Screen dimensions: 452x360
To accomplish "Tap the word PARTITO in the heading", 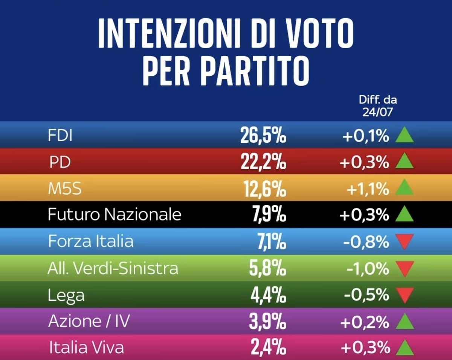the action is point(255,71).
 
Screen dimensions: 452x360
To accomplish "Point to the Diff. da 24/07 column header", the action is point(378,106).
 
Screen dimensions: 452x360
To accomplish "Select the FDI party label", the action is point(60,135).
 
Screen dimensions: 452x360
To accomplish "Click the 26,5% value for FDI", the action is point(263,136).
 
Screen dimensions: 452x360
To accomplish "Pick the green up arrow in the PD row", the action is point(404,160).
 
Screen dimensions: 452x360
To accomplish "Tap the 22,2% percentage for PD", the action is point(264,162).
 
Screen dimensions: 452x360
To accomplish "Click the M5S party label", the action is point(65,188).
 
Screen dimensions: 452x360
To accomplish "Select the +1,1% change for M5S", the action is point(368,189).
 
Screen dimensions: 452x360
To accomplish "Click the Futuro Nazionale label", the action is point(115,214).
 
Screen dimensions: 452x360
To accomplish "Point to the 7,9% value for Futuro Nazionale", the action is point(269,214).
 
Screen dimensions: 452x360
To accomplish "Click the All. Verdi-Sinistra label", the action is point(113,268).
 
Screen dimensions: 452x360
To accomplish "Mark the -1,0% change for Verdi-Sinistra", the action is point(368,268).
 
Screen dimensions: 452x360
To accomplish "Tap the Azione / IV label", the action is point(89,321).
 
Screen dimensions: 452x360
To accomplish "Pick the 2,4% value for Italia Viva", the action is point(269,348).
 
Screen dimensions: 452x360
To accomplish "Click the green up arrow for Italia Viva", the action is point(405,348).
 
